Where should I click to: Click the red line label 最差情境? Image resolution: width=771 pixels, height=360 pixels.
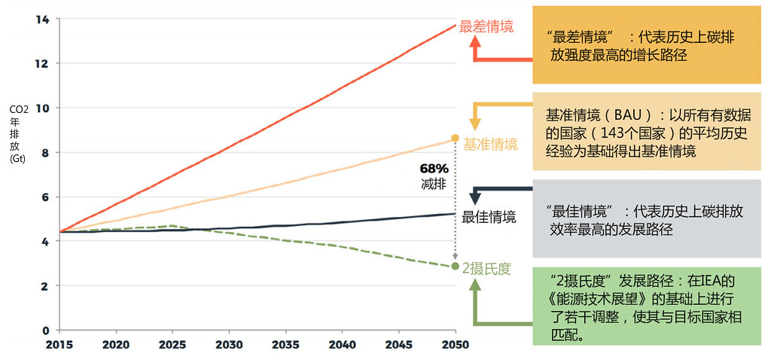486,26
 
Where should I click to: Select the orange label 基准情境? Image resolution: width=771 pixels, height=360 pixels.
490,144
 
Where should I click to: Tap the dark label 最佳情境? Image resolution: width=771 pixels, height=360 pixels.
489,218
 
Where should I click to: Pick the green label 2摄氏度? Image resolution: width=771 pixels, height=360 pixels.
487,269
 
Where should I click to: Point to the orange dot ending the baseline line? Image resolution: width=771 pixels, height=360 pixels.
456,138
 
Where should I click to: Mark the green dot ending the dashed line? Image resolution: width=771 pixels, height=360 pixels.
456,267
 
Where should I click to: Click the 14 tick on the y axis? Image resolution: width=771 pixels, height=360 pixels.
42,19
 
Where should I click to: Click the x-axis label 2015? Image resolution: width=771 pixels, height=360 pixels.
59,345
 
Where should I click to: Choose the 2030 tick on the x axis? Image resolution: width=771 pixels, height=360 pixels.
229,345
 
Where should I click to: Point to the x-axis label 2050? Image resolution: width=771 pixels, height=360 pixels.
456,345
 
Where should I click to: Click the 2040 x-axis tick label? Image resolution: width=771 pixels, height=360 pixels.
343,345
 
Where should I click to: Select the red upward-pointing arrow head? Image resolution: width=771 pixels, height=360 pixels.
476,42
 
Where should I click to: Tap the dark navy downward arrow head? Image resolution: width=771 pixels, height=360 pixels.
475,198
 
